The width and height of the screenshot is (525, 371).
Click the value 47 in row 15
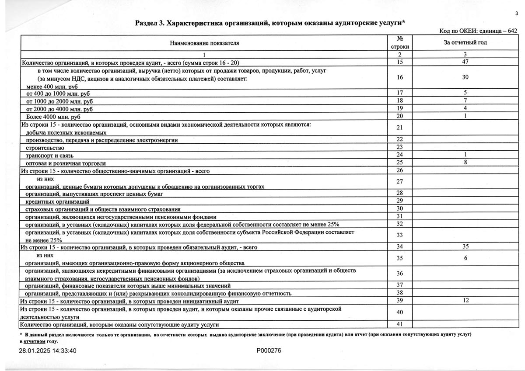pos(465,62)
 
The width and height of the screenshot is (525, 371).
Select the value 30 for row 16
pos(465,77)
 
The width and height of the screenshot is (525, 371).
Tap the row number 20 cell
pos(399,116)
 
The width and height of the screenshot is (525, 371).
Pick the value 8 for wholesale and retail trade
pos(466,162)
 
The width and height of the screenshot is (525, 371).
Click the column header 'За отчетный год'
pos(465,42)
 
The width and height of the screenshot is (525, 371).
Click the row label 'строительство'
pos(45,148)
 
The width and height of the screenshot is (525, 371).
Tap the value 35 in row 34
pos(465,247)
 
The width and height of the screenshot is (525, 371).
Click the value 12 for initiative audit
pos(465,301)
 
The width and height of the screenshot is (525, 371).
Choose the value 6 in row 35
pos(466,258)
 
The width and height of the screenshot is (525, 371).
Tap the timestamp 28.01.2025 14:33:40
pos(48,350)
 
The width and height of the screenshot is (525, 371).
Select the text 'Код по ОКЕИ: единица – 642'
pos(478,31)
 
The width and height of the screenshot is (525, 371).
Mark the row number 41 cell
pos(399,324)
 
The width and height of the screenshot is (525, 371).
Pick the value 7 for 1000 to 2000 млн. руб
pos(466,101)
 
